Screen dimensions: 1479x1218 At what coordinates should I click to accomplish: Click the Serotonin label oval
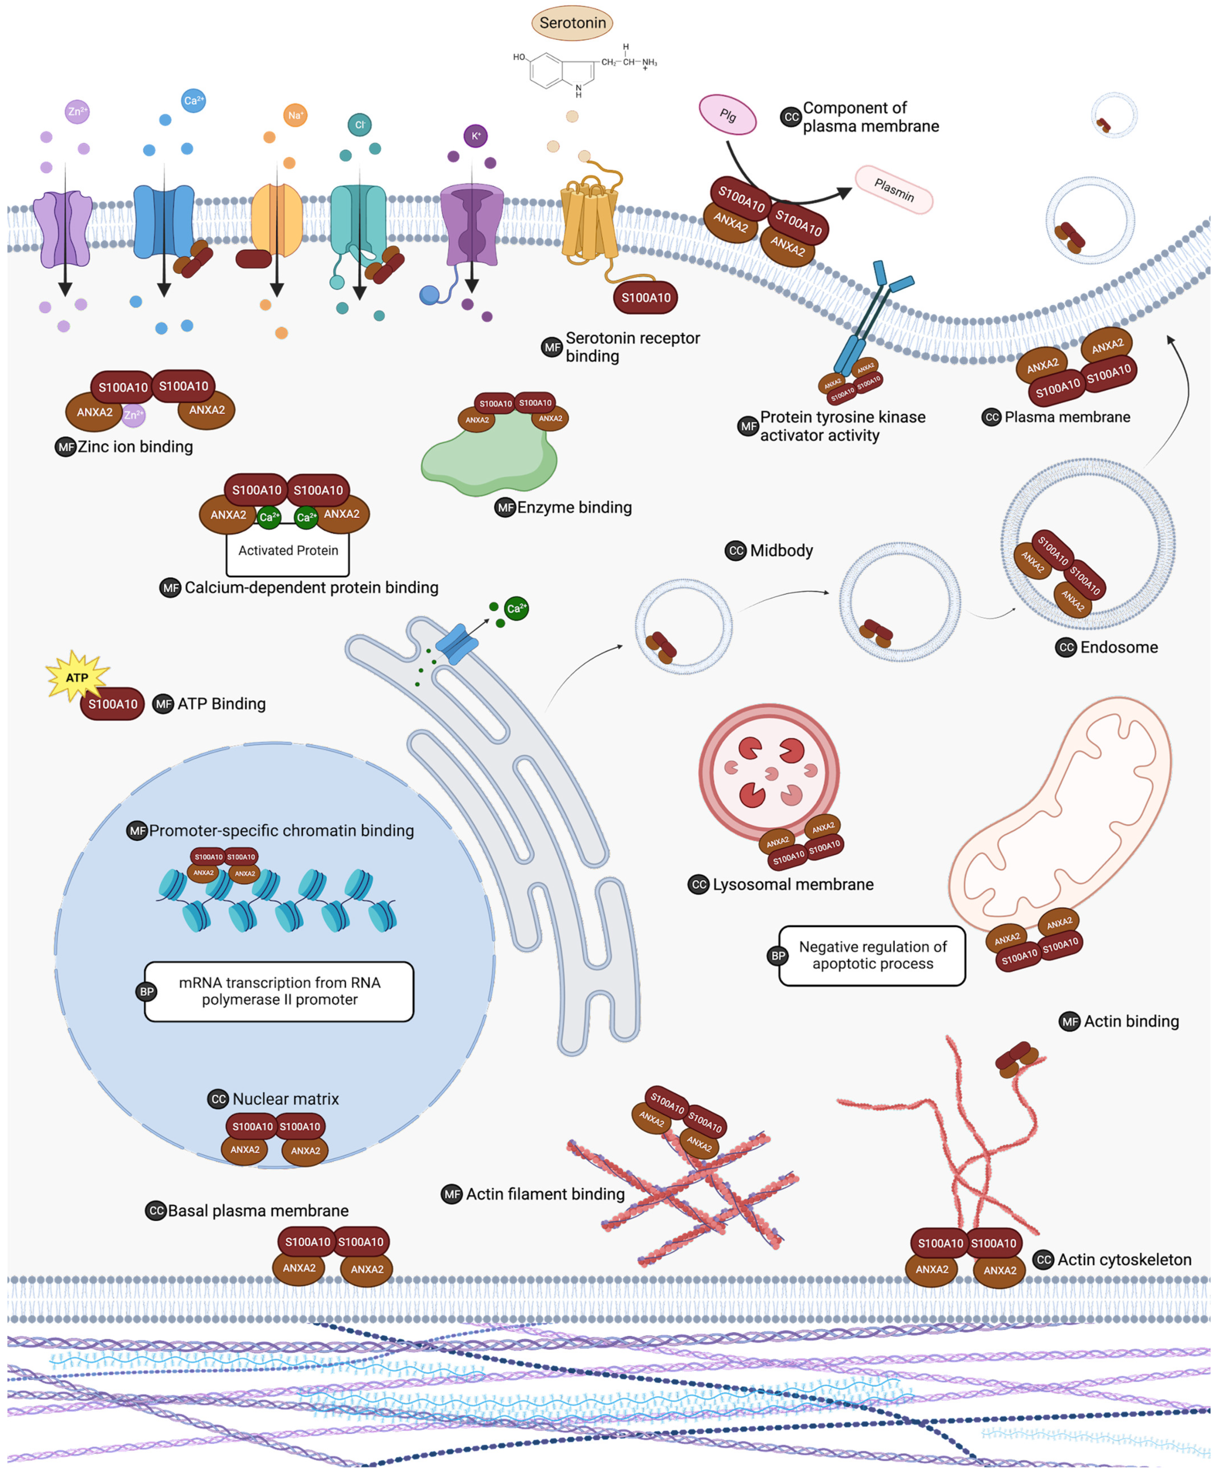click(x=572, y=23)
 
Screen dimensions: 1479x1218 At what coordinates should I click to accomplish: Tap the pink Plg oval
click(x=727, y=114)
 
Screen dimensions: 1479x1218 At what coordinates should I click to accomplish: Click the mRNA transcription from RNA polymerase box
click(x=279, y=991)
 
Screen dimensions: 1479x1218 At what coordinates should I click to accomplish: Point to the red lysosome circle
click(x=769, y=772)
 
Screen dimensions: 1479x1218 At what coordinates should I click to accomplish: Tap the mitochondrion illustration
click(x=1059, y=814)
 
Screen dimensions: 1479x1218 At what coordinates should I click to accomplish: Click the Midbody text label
click(x=781, y=551)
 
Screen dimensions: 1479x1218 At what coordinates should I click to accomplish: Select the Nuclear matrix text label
click(x=285, y=1099)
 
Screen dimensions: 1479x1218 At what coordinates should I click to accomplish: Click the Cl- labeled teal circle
click(x=359, y=125)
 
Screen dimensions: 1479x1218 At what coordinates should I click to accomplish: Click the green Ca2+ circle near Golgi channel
click(x=516, y=608)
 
